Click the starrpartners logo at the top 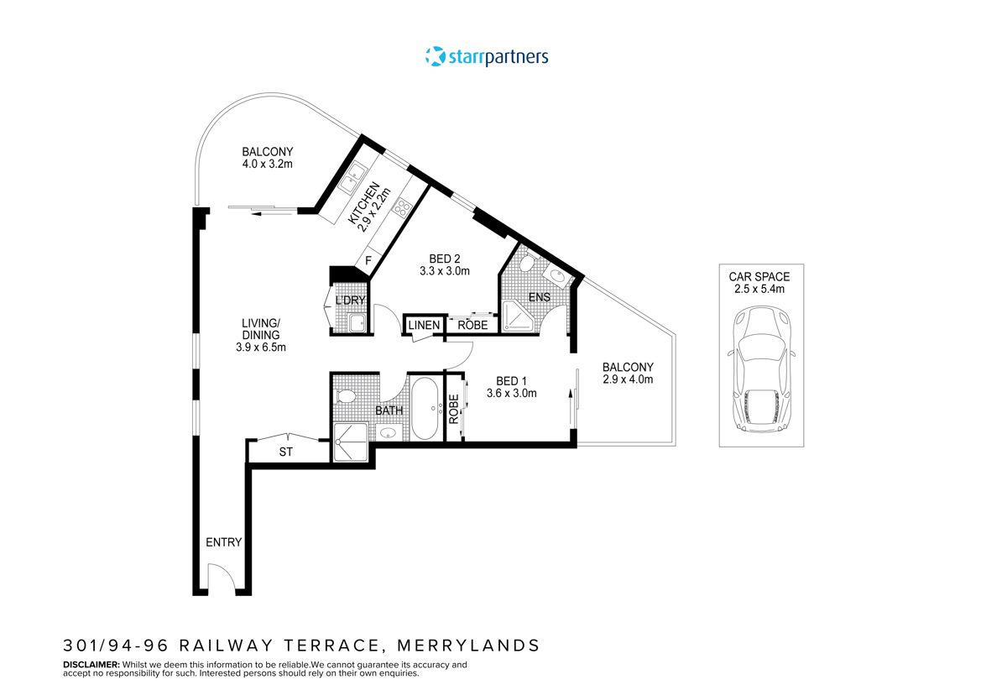coord(487,57)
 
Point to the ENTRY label coord(223,542)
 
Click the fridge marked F coord(368,261)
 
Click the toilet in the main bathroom coord(345,396)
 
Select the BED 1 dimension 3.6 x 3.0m coord(512,393)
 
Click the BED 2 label coord(444,259)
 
